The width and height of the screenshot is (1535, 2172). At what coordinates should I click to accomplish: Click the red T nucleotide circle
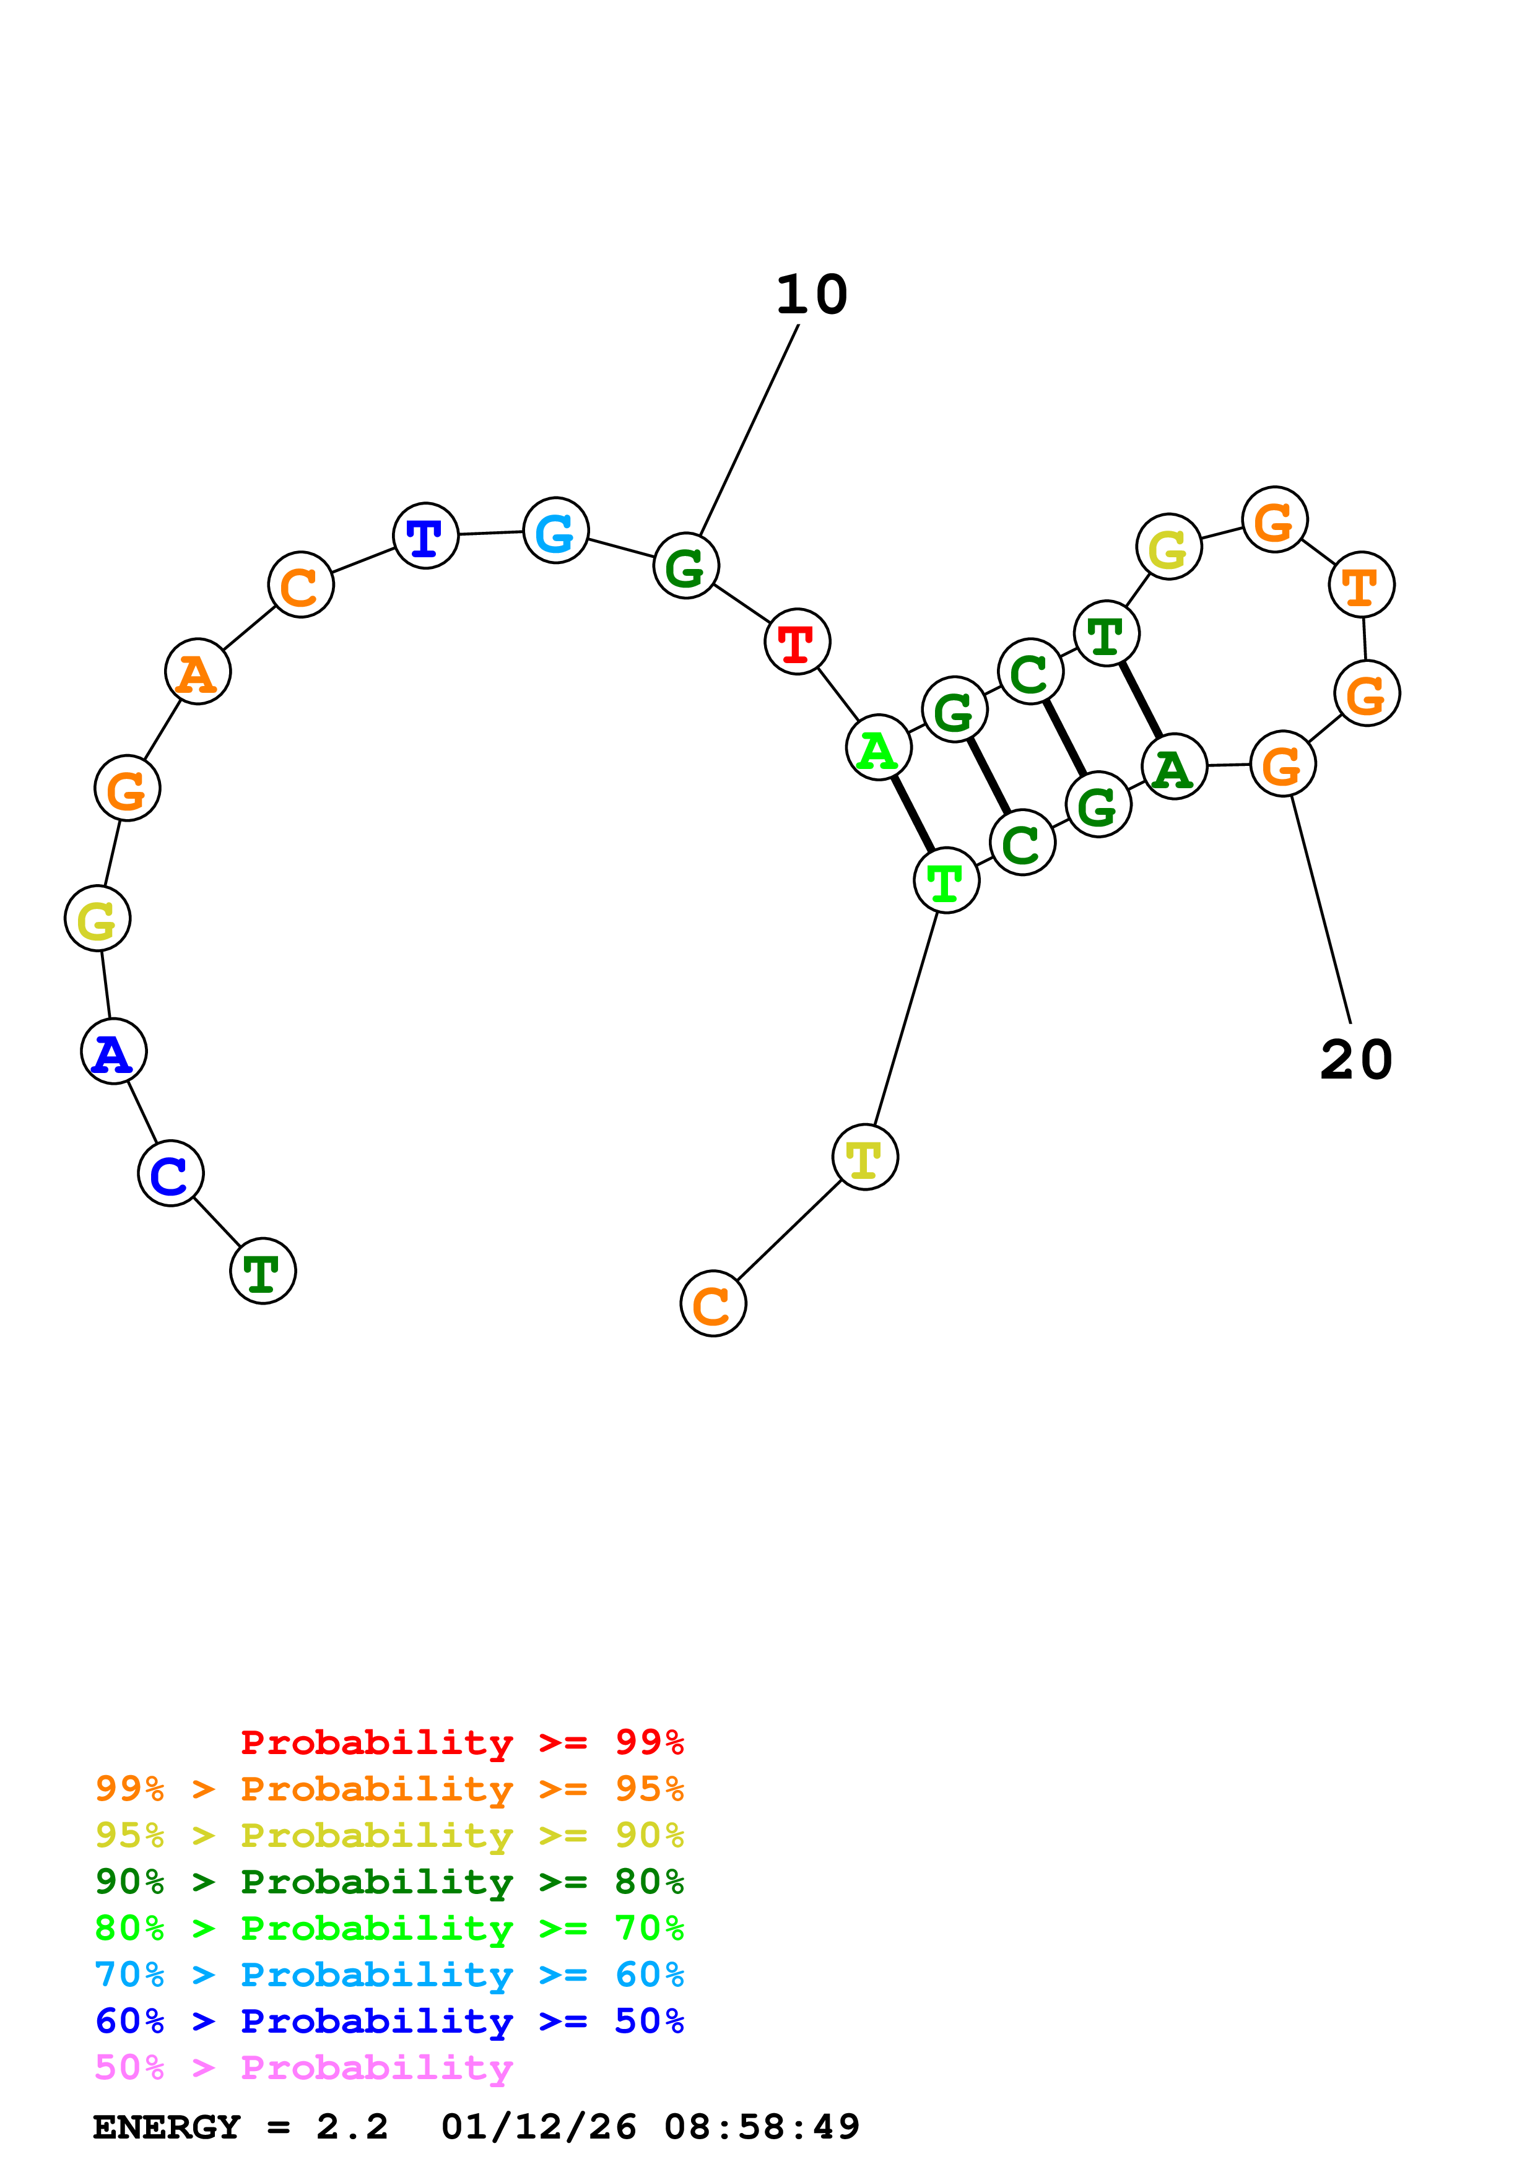click(x=798, y=642)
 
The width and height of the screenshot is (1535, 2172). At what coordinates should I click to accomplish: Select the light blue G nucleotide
click(x=556, y=531)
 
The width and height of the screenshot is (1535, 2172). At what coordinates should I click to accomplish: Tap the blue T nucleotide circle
click(x=425, y=536)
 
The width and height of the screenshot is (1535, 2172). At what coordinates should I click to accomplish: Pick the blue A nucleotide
click(x=113, y=1052)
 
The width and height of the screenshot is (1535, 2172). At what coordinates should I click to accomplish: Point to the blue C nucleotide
click(x=170, y=1174)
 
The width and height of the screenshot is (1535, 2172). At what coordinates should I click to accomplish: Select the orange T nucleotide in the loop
click(x=1362, y=586)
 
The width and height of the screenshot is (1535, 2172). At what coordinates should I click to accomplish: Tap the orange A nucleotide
click(x=198, y=672)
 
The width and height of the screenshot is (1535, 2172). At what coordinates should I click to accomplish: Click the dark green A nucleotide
click(x=1175, y=767)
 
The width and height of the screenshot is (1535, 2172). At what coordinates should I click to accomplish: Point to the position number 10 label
click(x=812, y=295)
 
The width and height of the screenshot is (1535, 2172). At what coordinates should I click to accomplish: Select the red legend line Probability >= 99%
click(x=461, y=1742)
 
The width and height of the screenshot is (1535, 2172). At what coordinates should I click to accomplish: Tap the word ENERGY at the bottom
click(x=167, y=2127)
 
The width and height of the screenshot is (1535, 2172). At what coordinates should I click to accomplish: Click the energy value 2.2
click(x=352, y=2127)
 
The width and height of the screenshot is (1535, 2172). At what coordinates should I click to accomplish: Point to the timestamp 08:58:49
click(x=762, y=2127)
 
